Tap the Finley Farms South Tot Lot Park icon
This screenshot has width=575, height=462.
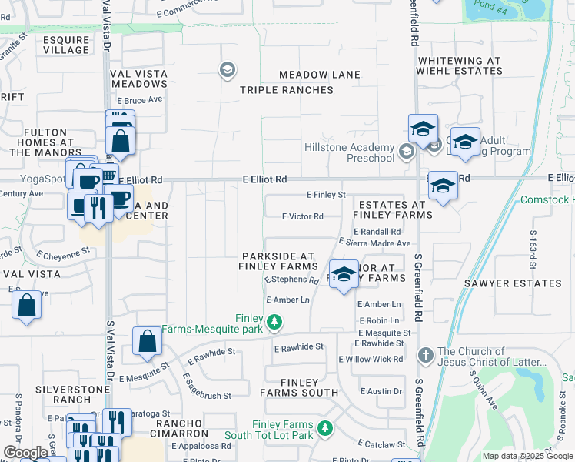point(326,427)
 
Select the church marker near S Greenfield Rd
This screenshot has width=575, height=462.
point(425,355)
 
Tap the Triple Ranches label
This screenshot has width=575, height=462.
point(286,90)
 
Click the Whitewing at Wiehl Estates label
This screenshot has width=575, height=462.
point(459,65)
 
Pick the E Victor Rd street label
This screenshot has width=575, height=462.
point(302,217)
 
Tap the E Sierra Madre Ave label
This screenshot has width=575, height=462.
point(374,243)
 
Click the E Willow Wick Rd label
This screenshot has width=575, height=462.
point(371,360)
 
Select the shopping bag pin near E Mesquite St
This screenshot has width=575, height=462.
point(147,340)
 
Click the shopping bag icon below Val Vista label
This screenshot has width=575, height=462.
point(27,305)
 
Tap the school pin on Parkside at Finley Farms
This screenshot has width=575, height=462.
point(344,274)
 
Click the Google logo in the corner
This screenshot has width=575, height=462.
point(25,454)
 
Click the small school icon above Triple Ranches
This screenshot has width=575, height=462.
point(227,71)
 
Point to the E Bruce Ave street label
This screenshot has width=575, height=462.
point(140,100)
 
